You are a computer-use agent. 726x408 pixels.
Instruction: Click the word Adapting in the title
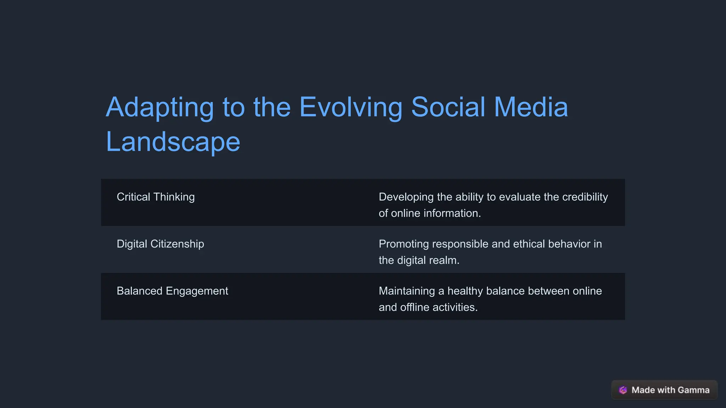(x=160, y=108)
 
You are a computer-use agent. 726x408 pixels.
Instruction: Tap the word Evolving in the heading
(x=351, y=108)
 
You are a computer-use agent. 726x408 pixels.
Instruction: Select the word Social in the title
(x=448, y=107)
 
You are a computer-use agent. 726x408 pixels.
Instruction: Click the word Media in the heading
(x=531, y=107)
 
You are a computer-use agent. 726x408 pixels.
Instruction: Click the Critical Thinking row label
(x=156, y=197)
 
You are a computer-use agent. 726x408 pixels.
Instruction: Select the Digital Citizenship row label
(x=160, y=244)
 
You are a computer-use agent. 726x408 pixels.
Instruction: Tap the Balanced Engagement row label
(x=172, y=291)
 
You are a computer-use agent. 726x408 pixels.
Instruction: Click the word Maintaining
(x=407, y=291)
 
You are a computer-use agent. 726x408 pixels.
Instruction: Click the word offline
(x=414, y=307)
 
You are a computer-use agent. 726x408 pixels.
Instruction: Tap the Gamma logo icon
(x=623, y=390)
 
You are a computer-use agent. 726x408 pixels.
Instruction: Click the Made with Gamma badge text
(x=670, y=390)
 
